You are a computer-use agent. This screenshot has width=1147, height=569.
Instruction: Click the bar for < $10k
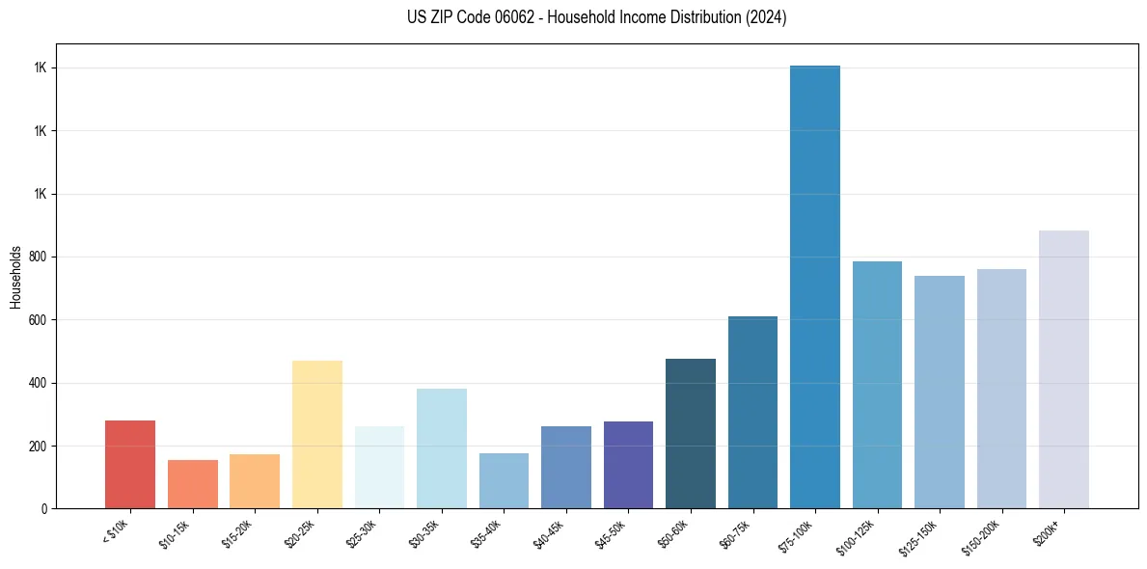tap(130, 464)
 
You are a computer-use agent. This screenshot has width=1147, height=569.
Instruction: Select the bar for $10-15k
tap(193, 484)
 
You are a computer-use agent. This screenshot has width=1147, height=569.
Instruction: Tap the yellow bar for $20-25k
tap(317, 434)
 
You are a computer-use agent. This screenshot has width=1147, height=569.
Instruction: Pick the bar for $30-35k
tap(442, 448)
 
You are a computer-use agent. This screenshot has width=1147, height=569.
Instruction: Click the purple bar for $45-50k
tap(628, 465)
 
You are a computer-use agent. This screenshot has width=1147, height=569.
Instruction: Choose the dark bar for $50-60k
tap(691, 434)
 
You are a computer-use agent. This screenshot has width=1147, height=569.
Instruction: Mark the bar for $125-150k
tap(940, 392)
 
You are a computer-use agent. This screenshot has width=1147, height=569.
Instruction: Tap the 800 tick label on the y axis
tap(39, 257)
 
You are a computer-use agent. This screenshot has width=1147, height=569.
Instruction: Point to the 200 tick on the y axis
tap(39, 447)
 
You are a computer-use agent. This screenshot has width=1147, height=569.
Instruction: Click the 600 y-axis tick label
tap(39, 320)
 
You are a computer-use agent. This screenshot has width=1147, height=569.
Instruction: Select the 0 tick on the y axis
tap(44, 509)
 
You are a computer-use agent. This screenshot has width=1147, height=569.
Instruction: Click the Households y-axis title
tap(15, 276)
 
